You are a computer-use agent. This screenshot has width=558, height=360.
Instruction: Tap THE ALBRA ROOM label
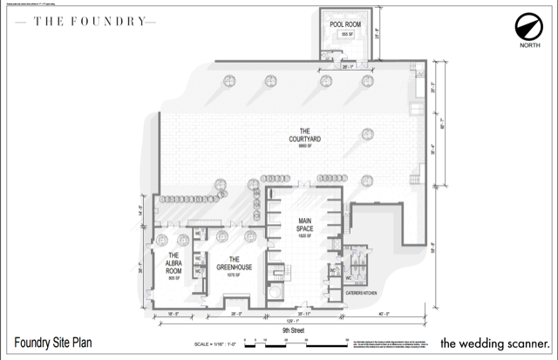(x=168, y=259)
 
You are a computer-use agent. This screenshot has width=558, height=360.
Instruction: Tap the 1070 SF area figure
(x=234, y=275)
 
